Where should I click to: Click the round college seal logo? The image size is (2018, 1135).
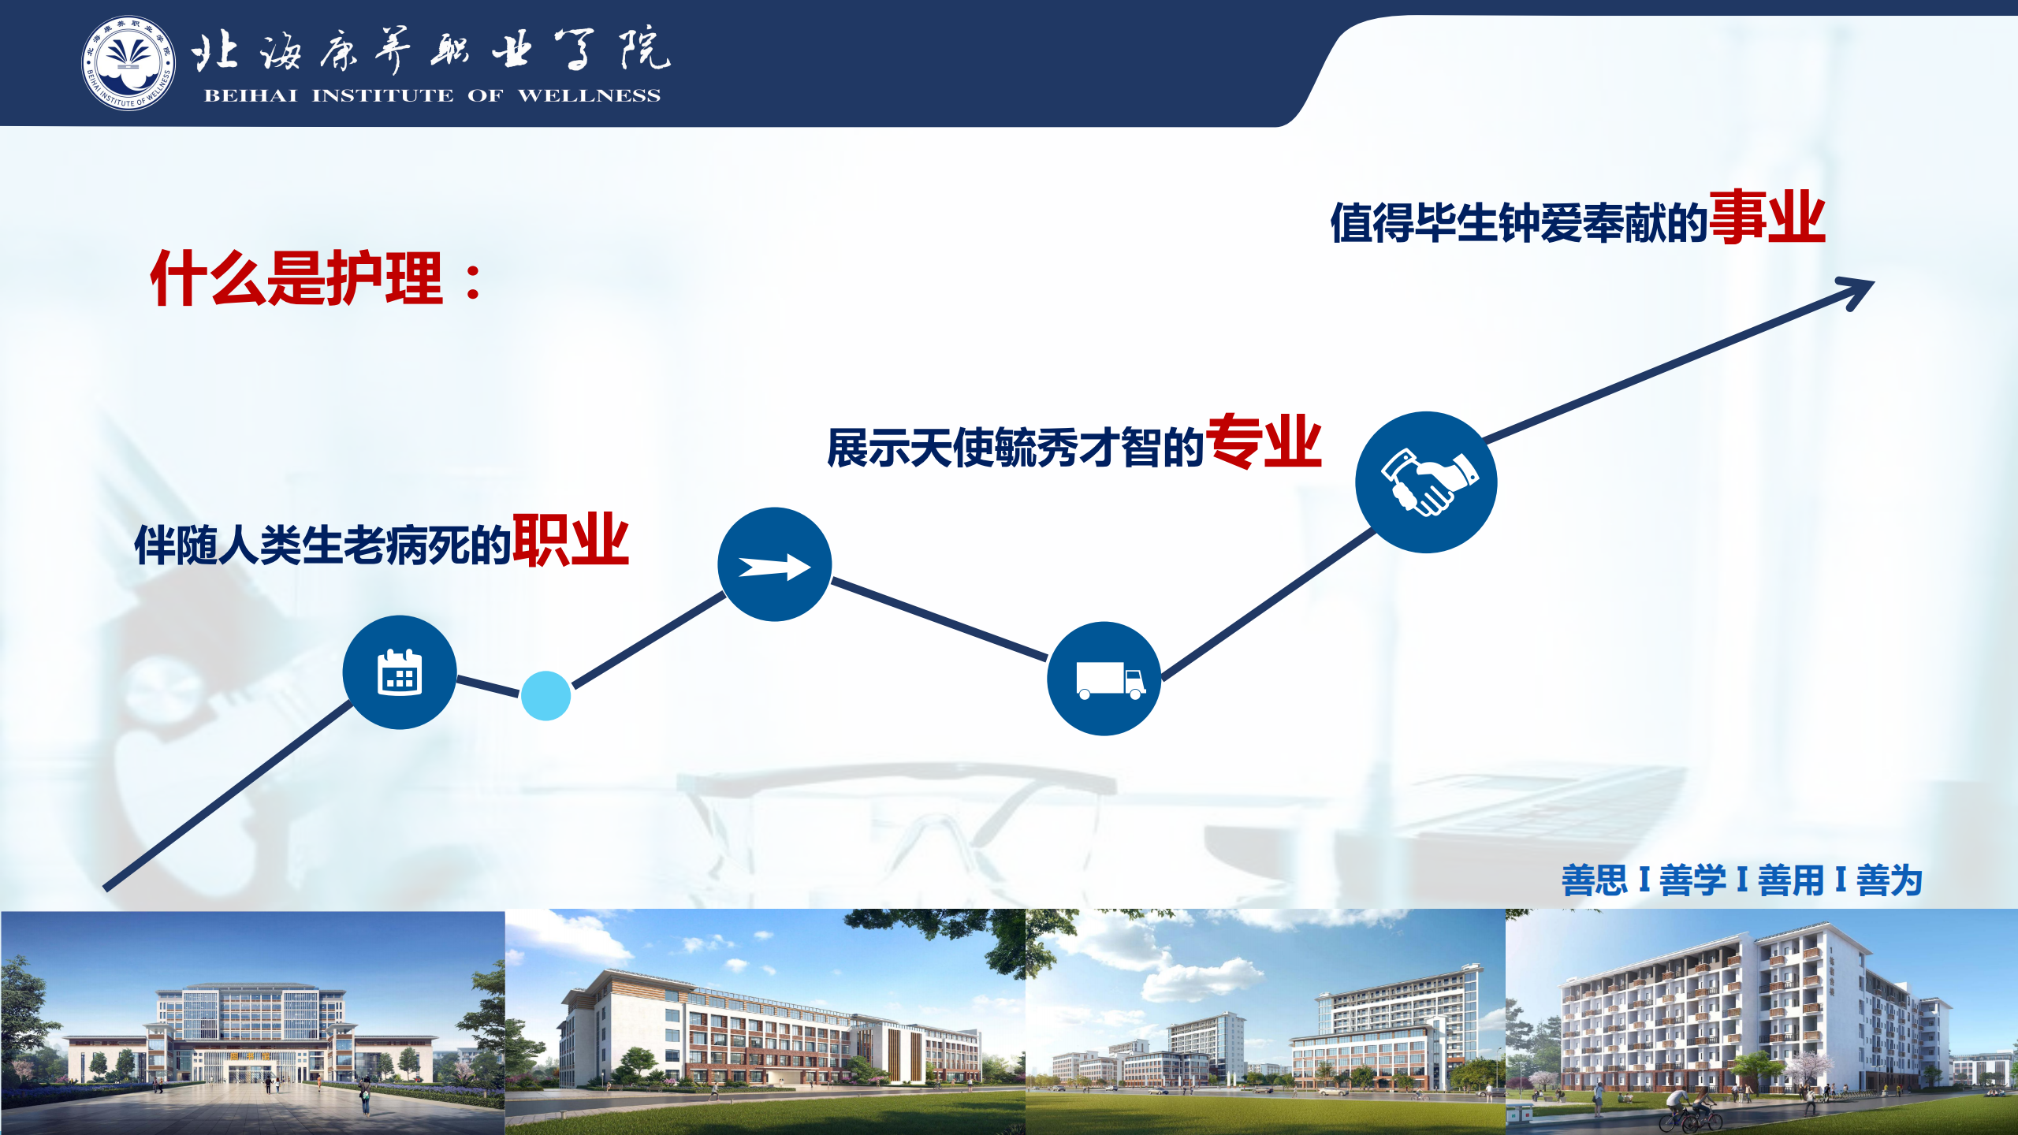128,63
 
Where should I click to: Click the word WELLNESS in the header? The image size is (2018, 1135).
589,95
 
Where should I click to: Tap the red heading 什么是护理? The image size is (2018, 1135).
296,277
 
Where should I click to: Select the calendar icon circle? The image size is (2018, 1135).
400,672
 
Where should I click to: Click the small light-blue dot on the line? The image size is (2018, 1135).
545,695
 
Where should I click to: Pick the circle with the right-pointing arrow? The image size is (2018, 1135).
774,564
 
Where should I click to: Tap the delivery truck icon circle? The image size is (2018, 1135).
1104,679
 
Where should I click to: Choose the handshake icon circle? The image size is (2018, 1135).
1426,482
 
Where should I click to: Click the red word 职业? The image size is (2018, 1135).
571,540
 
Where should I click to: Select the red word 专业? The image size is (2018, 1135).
1264,441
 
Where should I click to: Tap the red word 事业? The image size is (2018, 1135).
1767,217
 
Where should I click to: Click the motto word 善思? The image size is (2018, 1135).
1595,880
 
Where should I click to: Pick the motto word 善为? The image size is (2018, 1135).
1890,880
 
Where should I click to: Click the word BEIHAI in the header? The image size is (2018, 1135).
251,95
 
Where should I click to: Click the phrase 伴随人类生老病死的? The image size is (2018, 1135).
323,545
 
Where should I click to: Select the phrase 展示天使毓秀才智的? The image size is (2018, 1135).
1016,448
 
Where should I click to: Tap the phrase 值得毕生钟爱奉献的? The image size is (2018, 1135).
1520,222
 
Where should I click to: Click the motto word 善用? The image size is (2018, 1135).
1791,880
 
